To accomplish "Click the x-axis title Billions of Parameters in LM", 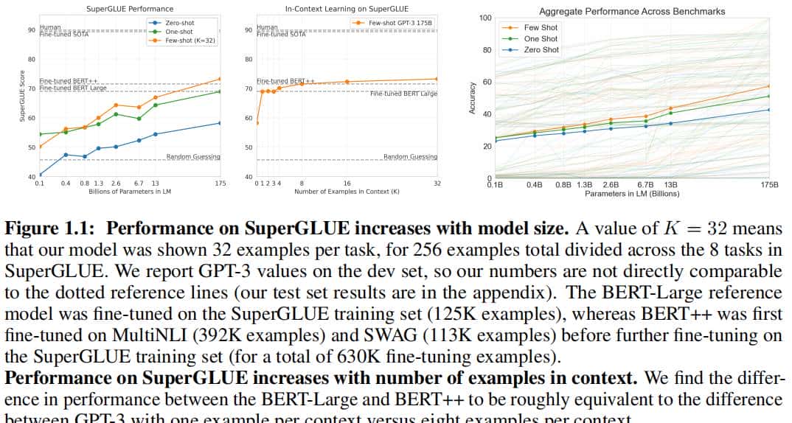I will pyautogui.click(x=129, y=192).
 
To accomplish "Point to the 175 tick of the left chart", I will pyautogui.click(x=220, y=183).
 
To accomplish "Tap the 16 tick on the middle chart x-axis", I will pyautogui.click(x=347, y=183).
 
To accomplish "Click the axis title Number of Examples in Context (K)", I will pyautogui.click(x=347, y=192).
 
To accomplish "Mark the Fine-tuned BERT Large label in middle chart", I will pyautogui.click(x=403, y=94).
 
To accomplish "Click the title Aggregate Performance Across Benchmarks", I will pyautogui.click(x=632, y=12).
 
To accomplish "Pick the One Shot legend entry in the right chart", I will pyautogui.click(x=541, y=39).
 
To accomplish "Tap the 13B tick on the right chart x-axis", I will pyautogui.click(x=670, y=185).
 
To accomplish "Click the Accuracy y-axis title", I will pyautogui.click(x=473, y=97).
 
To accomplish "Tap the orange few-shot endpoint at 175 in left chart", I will pyautogui.click(x=220, y=79).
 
